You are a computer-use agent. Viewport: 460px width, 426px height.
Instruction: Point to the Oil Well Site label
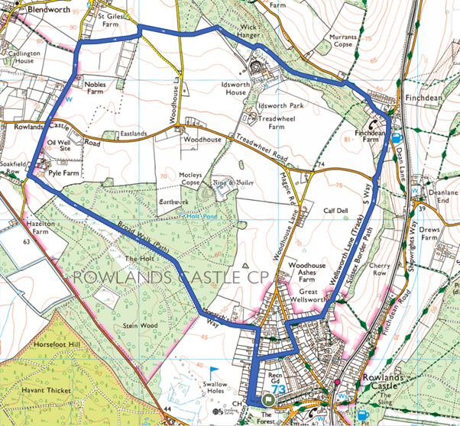tap(58, 146)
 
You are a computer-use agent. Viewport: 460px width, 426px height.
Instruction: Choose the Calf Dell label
tap(335, 211)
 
